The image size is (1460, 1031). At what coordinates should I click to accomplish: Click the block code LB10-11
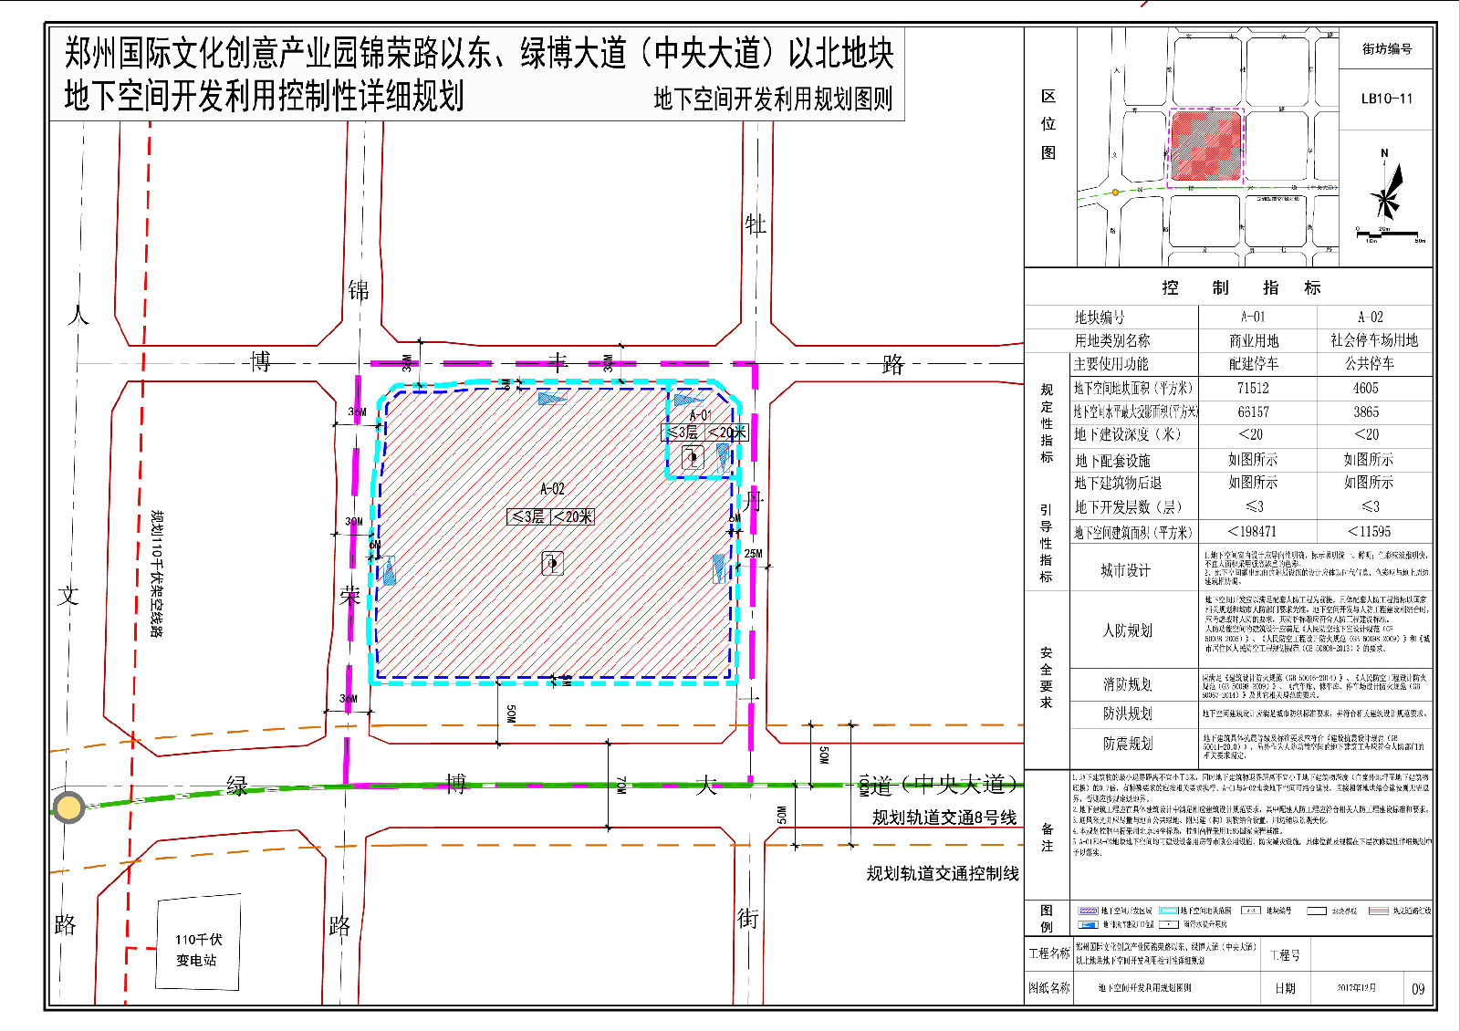click(1386, 99)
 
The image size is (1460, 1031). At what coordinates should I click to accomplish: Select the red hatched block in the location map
click(1205, 147)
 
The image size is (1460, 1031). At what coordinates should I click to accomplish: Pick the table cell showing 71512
click(1253, 388)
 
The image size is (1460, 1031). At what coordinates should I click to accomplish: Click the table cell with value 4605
click(1371, 388)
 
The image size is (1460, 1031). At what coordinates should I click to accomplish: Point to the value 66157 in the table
click(1253, 411)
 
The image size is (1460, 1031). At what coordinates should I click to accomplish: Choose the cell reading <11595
click(1370, 531)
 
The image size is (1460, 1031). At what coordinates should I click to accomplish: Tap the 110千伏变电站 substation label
click(197, 949)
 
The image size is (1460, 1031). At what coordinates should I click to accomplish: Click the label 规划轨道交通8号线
click(944, 818)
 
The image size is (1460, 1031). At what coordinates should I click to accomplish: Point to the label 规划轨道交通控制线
click(943, 873)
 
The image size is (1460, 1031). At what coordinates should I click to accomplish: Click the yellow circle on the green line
click(68, 807)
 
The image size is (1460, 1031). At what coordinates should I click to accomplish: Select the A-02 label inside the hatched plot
click(552, 489)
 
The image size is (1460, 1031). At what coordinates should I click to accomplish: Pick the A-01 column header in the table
click(1253, 317)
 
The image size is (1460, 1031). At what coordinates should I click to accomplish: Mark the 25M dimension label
click(753, 554)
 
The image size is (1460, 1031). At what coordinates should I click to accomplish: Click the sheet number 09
click(1417, 989)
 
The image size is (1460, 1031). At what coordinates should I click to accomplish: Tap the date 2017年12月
click(1356, 988)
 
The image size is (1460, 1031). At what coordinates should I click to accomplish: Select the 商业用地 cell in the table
click(1253, 340)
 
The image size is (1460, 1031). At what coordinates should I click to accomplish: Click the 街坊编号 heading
click(1387, 48)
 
